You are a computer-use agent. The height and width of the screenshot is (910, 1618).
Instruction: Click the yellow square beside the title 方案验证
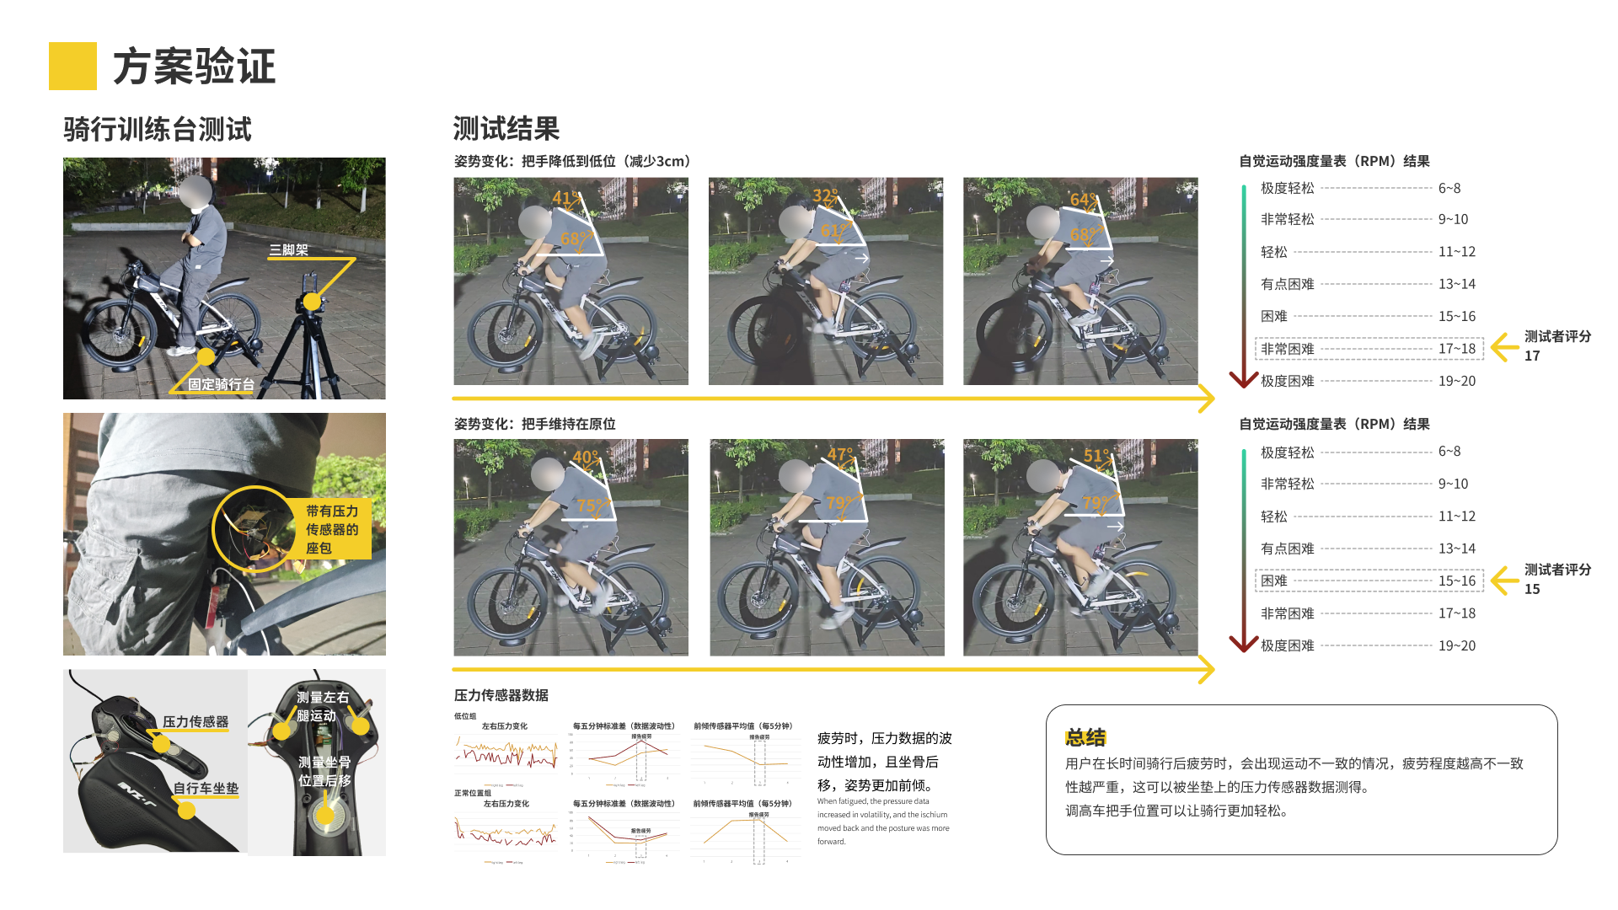coord(72,66)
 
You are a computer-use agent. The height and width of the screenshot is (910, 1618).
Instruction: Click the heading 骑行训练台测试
coord(157,129)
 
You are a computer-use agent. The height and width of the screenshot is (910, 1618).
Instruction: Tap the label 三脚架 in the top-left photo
coord(288,249)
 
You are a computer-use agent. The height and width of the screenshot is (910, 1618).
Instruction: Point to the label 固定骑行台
coord(221,384)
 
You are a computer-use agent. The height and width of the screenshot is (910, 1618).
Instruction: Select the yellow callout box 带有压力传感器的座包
coord(333,529)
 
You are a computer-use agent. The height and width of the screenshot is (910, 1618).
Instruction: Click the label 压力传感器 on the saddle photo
coord(196,722)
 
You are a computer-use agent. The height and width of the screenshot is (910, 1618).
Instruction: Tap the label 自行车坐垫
coord(206,789)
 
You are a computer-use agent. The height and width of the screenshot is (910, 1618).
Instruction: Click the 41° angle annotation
coord(565,199)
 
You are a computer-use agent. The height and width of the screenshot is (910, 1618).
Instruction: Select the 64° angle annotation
coord(1083,200)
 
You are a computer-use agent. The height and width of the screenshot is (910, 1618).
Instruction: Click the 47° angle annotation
coord(839,455)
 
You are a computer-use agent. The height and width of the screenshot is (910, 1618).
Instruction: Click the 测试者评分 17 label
coord(1556,345)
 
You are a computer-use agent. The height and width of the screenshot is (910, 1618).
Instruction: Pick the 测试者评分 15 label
coord(1556,579)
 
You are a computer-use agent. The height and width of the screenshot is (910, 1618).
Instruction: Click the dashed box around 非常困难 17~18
coord(1369,349)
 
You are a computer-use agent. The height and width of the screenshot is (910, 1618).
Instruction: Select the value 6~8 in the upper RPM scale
coord(1449,188)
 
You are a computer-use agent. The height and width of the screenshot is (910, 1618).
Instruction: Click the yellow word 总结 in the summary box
coord(1085,737)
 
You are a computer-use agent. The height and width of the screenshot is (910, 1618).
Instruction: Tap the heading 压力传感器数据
coord(501,695)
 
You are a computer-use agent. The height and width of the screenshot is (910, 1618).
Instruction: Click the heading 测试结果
coord(506,129)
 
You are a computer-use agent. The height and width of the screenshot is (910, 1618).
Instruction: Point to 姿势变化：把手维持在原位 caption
coord(534,424)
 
